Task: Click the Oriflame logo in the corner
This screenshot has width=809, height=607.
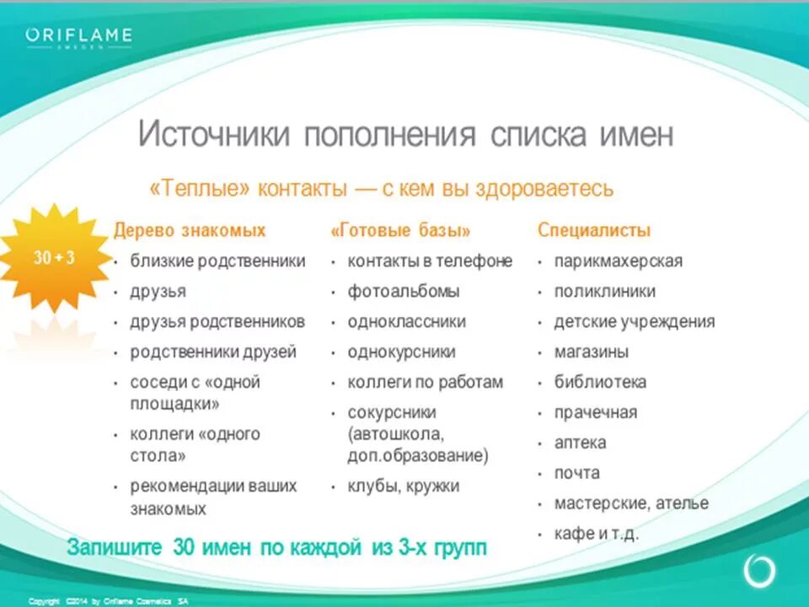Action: [78, 38]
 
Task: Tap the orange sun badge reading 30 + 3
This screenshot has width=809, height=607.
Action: [54, 258]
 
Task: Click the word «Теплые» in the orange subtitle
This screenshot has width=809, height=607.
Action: [200, 188]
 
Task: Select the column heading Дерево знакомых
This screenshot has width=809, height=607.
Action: [190, 231]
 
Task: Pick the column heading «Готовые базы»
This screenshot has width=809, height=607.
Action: [401, 231]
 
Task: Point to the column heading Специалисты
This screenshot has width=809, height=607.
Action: [594, 231]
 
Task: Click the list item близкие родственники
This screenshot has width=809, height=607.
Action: [217, 261]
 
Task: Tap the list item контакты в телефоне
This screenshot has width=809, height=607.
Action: [430, 261]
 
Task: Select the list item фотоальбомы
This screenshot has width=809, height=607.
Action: [404, 292]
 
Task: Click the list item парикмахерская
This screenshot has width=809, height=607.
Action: [618, 261]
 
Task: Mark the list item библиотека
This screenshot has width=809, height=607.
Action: [600, 383]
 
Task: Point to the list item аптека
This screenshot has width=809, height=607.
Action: [580, 443]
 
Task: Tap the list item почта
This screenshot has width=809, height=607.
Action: [577, 474]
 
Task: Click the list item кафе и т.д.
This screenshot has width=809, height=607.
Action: [596, 534]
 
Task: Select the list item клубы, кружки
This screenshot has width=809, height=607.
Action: [404, 486]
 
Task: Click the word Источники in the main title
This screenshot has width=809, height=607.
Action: [214, 136]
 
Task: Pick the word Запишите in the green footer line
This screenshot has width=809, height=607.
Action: [115, 547]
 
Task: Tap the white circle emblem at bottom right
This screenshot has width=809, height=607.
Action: [758, 571]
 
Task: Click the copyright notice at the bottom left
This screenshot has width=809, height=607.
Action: [109, 601]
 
